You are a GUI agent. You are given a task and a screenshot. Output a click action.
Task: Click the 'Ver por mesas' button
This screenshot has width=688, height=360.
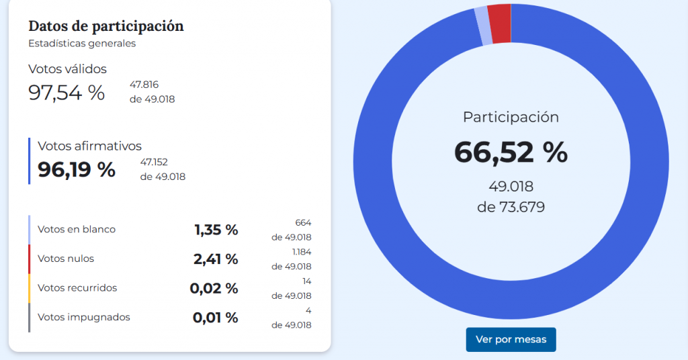511,339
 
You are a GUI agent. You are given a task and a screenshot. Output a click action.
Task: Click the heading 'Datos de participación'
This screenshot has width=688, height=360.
105,26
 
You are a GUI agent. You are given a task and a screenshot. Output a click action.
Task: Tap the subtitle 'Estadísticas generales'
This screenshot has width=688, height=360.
82,44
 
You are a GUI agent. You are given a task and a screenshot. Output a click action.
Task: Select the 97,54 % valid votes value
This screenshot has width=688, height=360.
67,93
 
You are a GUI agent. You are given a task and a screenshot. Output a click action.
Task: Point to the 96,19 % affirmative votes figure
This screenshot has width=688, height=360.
77,170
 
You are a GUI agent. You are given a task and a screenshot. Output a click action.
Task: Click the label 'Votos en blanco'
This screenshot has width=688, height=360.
77,230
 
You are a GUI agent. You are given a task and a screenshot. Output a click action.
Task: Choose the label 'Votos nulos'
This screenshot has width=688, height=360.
66,259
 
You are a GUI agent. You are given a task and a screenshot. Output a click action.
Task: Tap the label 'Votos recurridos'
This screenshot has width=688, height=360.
77,288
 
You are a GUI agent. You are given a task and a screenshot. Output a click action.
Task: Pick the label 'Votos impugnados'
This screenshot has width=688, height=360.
84,317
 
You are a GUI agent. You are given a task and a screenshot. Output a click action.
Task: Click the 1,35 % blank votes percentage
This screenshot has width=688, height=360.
216,230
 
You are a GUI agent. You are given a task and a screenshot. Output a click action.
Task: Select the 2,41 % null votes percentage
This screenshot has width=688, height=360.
216,259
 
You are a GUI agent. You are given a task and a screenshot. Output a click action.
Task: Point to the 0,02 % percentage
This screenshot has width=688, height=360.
214,289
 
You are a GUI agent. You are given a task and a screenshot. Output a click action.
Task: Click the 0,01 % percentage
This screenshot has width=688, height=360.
215,318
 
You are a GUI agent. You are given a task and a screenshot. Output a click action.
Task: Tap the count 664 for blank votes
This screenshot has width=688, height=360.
303,222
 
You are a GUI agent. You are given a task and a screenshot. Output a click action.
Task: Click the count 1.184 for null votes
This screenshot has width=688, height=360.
302,252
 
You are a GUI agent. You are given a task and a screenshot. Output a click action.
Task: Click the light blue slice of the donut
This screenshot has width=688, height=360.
482,26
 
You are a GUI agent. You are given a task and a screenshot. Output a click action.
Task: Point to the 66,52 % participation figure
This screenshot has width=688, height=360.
511,152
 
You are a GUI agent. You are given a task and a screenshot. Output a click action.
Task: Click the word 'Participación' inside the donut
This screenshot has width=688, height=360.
511,117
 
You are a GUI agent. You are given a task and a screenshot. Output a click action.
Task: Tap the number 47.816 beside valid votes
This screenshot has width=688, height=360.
144,85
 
